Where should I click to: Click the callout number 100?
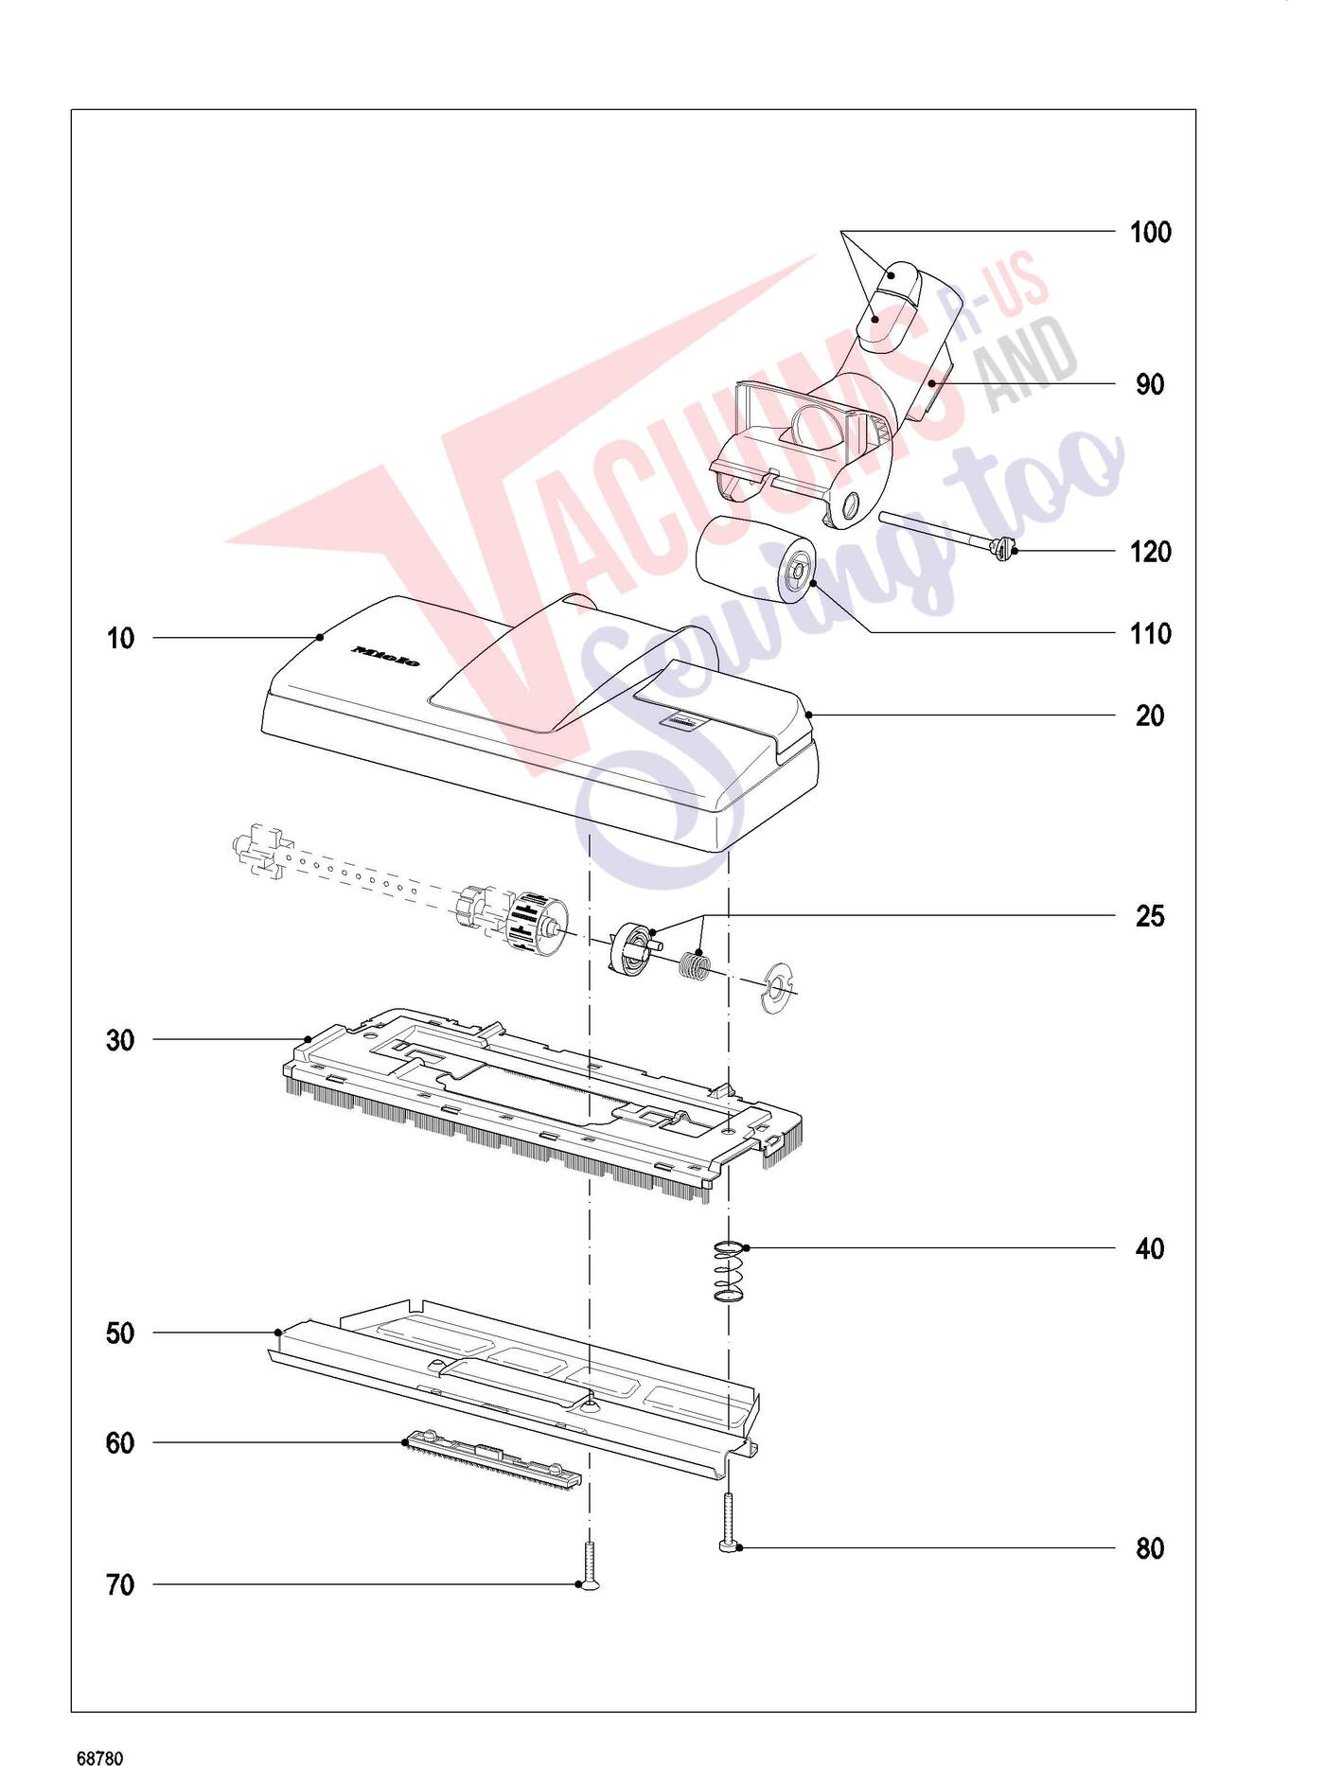point(1150,233)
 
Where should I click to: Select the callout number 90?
point(1150,385)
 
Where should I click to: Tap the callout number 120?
point(1150,552)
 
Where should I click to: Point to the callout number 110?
point(1150,634)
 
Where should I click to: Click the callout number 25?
point(1150,916)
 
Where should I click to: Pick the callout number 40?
point(1150,1249)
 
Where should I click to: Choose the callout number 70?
point(120,1585)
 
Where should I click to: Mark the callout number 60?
point(120,1443)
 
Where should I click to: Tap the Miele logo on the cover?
point(385,656)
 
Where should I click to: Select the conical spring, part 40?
point(730,1272)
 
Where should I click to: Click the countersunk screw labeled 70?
point(590,1565)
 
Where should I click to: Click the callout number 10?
point(120,639)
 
